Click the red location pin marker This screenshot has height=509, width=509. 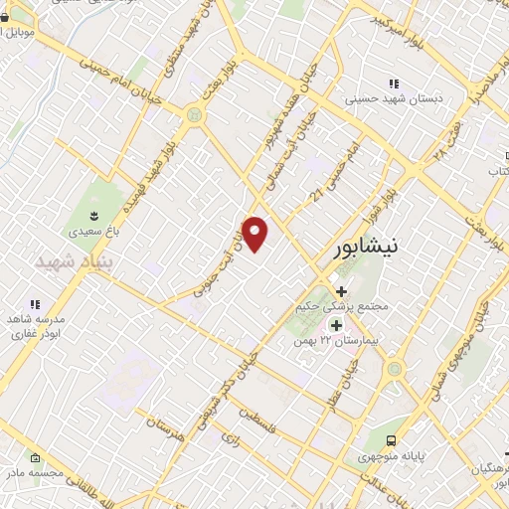click(255, 234)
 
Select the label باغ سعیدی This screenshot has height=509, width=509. click(90, 230)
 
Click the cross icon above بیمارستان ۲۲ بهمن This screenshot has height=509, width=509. click(336, 325)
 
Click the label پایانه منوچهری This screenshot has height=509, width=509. click(393, 458)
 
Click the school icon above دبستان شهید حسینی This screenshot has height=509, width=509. click(395, 85)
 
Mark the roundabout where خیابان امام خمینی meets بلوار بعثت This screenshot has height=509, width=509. click(193, 115)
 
